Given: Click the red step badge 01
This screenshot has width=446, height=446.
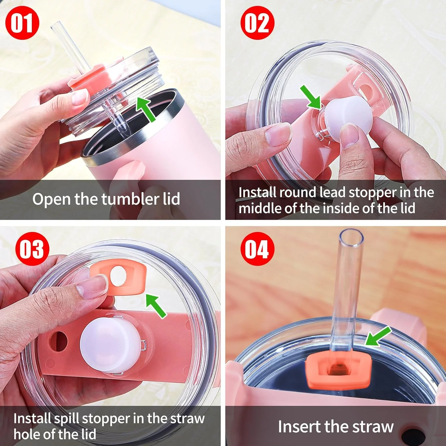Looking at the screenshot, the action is pos(22,23).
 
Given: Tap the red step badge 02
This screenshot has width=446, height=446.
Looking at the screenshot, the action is pos(257,23).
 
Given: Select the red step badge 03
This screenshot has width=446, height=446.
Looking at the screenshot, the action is pos(32,249).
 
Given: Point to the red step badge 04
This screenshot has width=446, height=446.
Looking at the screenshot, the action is pos(257,249).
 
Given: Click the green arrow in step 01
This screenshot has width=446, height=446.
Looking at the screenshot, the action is pos(146,109).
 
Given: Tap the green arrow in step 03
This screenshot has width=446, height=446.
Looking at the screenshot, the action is pos(156,305).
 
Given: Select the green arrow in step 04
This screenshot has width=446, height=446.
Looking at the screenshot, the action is pos(378,336).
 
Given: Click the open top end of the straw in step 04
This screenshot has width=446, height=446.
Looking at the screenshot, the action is pos(351,238).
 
